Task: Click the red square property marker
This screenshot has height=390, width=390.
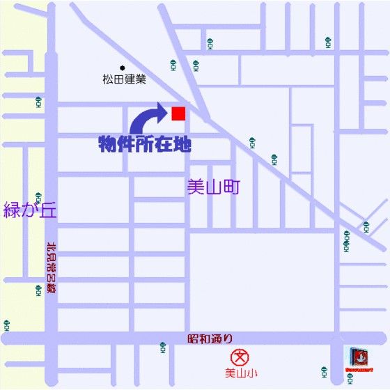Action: [178, 114]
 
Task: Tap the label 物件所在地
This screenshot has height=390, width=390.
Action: [143, 145]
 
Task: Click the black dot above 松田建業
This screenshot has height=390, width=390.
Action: [122, 68]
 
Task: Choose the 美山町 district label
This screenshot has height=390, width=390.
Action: [213, 186]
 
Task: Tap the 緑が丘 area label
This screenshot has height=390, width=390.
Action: [29, 209]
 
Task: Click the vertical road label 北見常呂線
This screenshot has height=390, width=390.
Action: [50, 269]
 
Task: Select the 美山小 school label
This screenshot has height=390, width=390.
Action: [240, 373]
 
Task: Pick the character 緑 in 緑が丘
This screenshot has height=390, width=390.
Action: [13, 209]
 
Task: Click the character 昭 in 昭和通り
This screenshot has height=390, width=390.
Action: [193, 339]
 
